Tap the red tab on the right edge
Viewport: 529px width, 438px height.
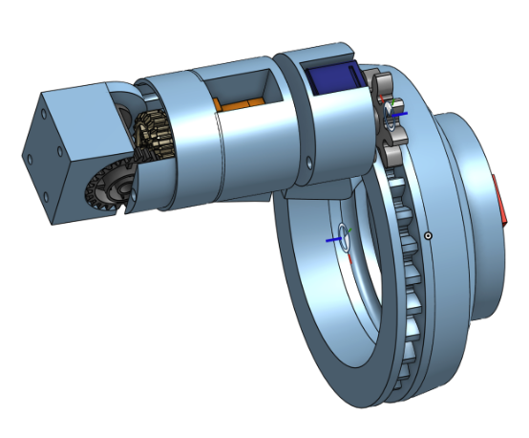pos(502,202)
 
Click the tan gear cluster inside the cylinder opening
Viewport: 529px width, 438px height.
pos(153,134)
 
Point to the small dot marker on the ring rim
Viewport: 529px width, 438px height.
pos(430,235)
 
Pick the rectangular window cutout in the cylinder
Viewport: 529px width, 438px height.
pos(250,92)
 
